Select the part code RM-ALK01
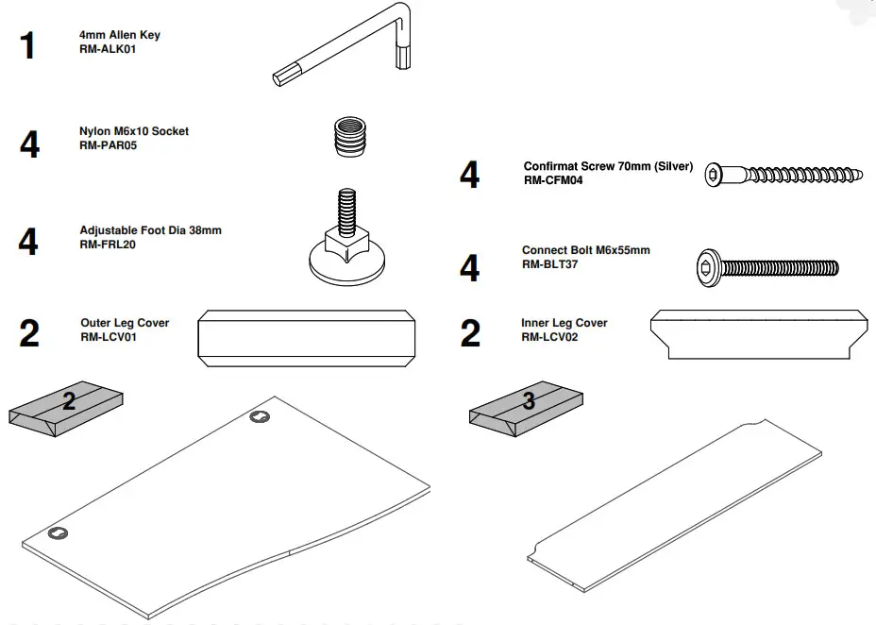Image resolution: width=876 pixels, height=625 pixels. point(109,49)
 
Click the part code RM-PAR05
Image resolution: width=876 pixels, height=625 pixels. point(109,145)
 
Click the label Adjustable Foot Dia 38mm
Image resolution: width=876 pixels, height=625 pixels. point(150,230)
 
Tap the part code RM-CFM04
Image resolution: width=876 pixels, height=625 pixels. point(553,180)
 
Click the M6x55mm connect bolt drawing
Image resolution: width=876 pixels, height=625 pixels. point(766,267)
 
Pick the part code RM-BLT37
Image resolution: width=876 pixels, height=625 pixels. point(550,264)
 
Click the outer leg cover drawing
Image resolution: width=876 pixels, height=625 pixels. point(308,336)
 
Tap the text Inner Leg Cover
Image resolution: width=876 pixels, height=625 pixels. point(564,323)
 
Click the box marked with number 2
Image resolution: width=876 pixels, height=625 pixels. point(66,409)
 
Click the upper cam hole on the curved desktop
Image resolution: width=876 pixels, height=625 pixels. point(260,417)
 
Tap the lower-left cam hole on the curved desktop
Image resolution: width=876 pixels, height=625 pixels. point(58,533)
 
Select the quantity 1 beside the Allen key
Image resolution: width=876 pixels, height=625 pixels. point(28,45)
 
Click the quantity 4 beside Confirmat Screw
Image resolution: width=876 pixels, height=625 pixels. point(469,176)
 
